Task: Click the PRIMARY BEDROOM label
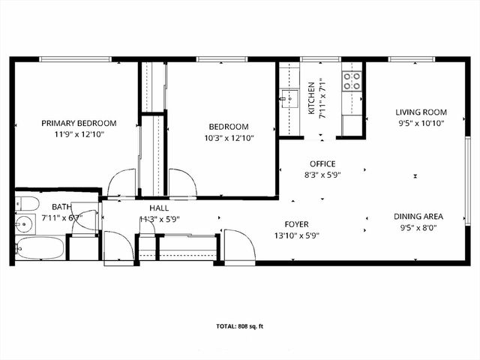click(79, 124)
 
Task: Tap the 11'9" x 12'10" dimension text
click(79, 135)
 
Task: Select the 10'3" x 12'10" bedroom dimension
click(226, 138)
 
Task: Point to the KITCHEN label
click(312, 98)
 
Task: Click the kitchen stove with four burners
click(352, 80)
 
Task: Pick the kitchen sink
click(290, 97)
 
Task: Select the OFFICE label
click(322, 164)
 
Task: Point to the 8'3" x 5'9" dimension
click(322, 175)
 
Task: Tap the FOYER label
click(296, 224)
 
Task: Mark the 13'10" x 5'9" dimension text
click(296, 235)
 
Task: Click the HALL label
click(159, 208)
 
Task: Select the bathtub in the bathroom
click(39, 248)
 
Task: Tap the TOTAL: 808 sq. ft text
click(240, 326)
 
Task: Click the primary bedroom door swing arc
click(121, 182)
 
